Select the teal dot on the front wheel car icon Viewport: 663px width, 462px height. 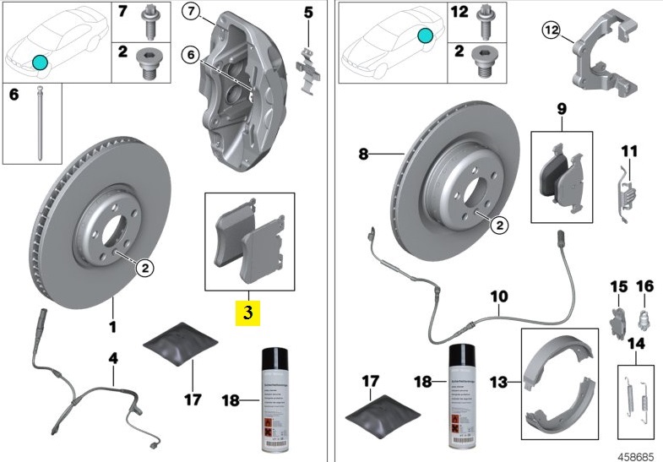40,61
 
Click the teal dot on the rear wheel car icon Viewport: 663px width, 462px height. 426,35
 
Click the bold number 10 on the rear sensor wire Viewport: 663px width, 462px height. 499,296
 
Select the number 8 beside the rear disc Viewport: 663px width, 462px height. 364,155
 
